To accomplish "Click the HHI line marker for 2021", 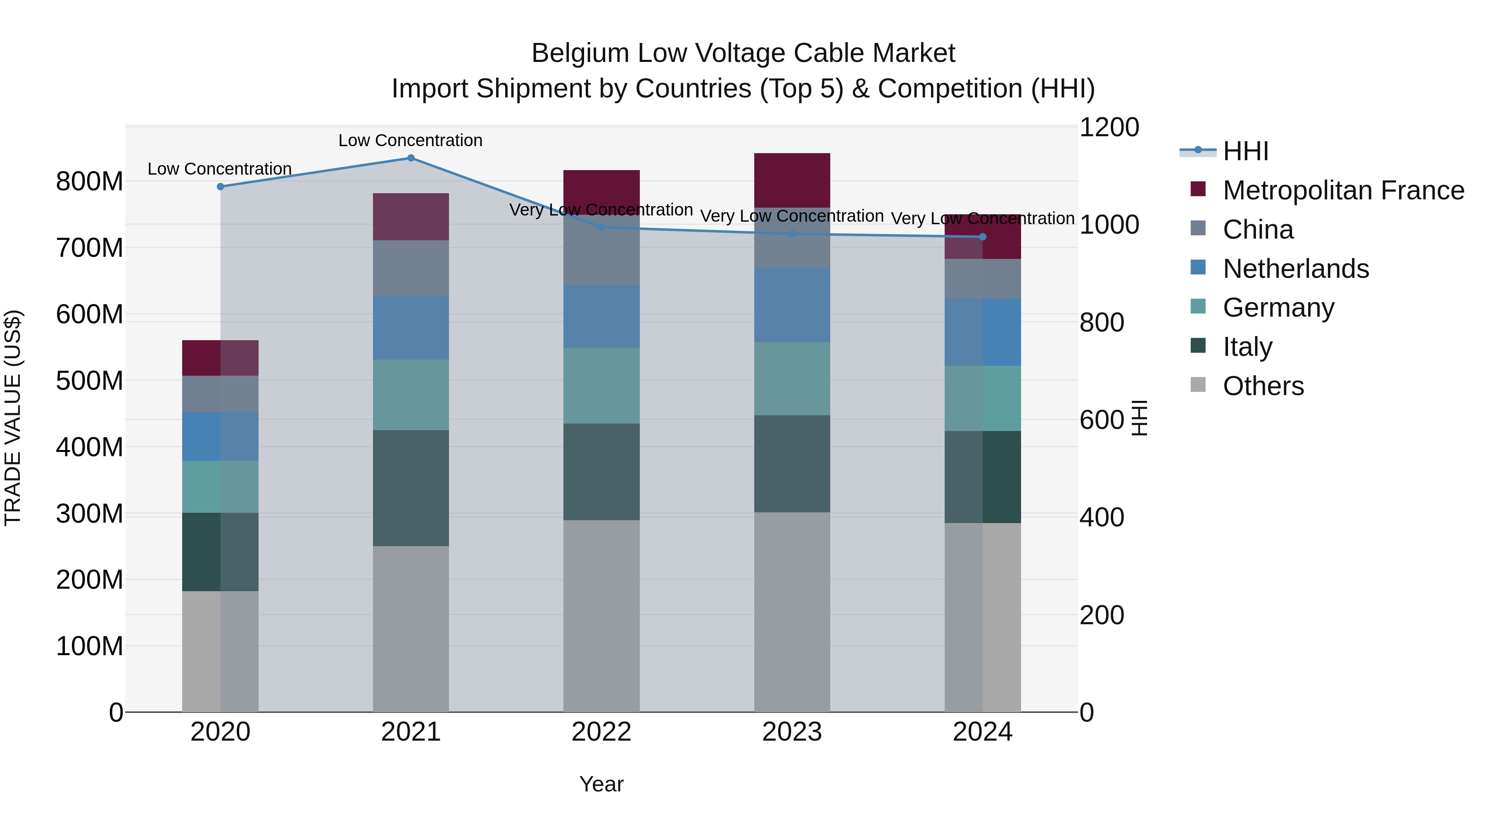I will (411, 158).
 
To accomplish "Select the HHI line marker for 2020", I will (221, 186).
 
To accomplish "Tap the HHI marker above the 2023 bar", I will (792, 234).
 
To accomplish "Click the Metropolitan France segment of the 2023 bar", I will (792, 180).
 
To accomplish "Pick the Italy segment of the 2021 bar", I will (411, 488).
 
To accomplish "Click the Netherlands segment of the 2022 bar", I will (601, 317).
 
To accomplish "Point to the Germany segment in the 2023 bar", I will (792, 379).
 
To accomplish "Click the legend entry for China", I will (1257, 230).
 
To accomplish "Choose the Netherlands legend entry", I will (1295, 269).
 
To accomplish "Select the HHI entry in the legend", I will (1245, 151).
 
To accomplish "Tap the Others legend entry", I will (1262, 386).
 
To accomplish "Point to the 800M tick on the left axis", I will (90, 182).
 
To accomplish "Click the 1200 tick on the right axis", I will (1109, 128).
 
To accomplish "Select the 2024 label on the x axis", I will (983, 732).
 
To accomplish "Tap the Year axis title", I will (601, 784).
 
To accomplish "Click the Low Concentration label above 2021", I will (411, 140).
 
